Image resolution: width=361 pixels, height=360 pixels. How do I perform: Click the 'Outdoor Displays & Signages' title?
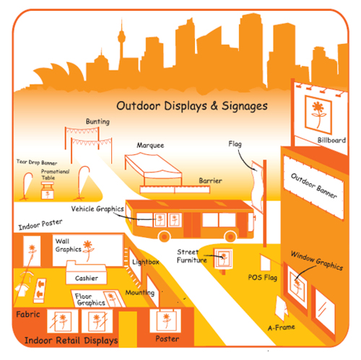pos(192,106)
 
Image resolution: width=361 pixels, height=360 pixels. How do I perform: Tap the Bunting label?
pos(97,121)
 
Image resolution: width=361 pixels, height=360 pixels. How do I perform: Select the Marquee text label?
pos(150,145)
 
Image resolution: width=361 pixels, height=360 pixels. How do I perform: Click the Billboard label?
pos(331,140)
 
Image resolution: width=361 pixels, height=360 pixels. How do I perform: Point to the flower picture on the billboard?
pos(318,115)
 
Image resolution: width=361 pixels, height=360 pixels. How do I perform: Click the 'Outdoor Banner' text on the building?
pos(314,185)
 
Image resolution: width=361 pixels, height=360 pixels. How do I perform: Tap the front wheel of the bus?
pos(230,237)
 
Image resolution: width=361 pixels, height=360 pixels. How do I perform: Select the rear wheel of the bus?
pos(165,237)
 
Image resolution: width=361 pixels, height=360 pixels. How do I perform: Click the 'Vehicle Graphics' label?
pos(97,208)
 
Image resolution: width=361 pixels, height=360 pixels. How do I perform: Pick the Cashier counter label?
pos(87,278)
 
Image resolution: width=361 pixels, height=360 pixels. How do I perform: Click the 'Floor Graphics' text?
pos(90,299)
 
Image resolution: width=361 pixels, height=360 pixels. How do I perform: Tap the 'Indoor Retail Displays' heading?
pos(71,341)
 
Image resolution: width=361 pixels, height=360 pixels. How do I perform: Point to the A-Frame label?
pos(282,328)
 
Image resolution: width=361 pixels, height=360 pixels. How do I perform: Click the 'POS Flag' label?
pos(263,278)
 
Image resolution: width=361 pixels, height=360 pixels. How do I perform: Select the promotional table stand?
pos(48,190)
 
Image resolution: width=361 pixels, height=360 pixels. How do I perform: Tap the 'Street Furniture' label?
pos(192,256)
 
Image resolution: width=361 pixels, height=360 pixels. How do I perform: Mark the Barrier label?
pos(210,180)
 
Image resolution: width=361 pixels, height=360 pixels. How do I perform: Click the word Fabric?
pos(28,315)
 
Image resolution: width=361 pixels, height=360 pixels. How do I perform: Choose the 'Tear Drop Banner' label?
pos(37,162)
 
